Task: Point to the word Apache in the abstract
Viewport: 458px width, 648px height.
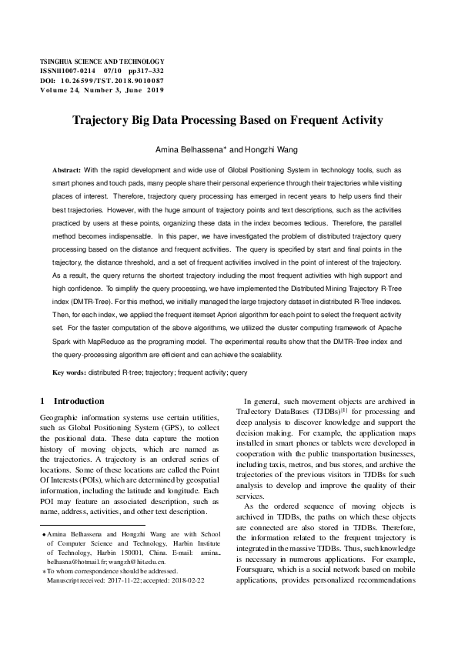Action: pyautogui.click(x=398, y=328)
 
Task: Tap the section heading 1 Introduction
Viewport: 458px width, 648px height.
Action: pyautogui.click(x=72, y=401)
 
